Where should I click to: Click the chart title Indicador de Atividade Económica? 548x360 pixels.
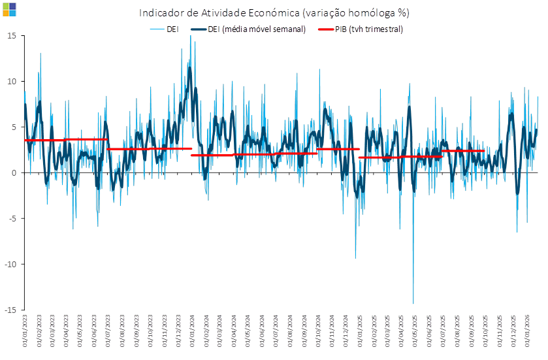(274, 13)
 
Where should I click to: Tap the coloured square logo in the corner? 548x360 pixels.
(9, 9)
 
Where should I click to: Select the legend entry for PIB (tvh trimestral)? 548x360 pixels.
(361, 29)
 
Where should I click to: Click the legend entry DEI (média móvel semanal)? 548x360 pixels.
(248, 29)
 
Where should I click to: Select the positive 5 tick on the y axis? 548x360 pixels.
(13, 127)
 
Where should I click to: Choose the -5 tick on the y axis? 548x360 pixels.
(12, 218)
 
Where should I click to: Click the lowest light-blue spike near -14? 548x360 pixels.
(413, 303)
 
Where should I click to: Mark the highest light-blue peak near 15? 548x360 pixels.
(190, 37)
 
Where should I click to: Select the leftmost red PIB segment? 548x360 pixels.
(65, 139)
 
